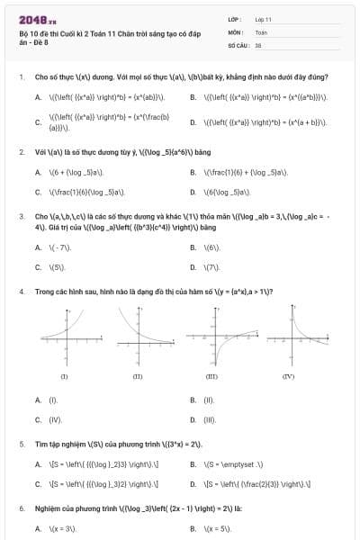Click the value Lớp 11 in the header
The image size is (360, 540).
(x=264, y=18)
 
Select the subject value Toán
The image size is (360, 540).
(x=261, y=31)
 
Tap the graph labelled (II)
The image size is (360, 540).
(x=137, y=335)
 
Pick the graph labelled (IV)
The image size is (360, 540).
(x=288, y=335)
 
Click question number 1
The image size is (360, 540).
(x=22, y=77)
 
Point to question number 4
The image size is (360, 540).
(x=22, y=292)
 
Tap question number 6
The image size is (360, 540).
(x=22, y=509)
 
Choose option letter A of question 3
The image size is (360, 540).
(x=38, y=247)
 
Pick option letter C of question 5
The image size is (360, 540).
(x=38, y=484)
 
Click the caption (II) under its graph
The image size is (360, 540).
(x=137, y=375)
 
